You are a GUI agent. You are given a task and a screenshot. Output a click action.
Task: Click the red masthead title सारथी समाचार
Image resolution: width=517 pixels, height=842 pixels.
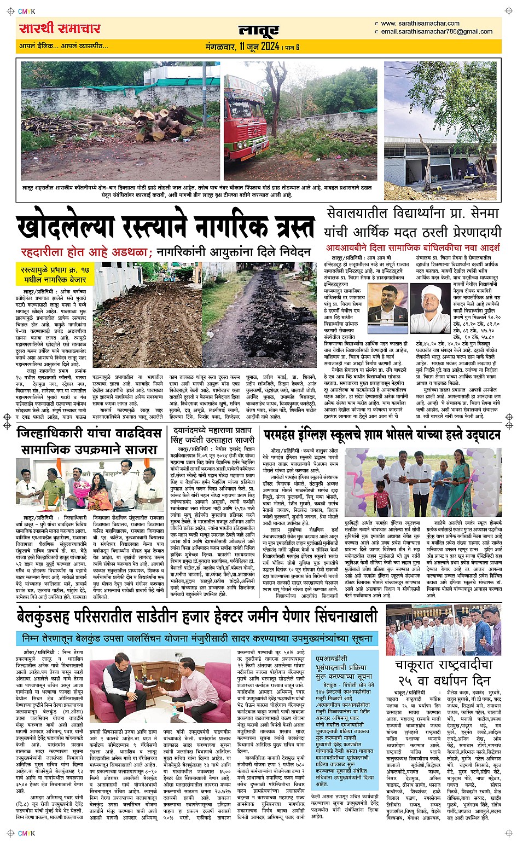coord(60,28)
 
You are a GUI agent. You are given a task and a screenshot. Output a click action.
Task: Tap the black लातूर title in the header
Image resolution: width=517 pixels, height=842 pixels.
coord(258,31)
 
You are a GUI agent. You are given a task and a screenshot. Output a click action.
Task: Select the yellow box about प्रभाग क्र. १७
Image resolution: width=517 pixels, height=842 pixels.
coord(54,274)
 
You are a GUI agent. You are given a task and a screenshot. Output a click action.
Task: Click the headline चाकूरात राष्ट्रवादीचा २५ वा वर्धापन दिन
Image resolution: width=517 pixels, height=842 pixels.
coord(444,672)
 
